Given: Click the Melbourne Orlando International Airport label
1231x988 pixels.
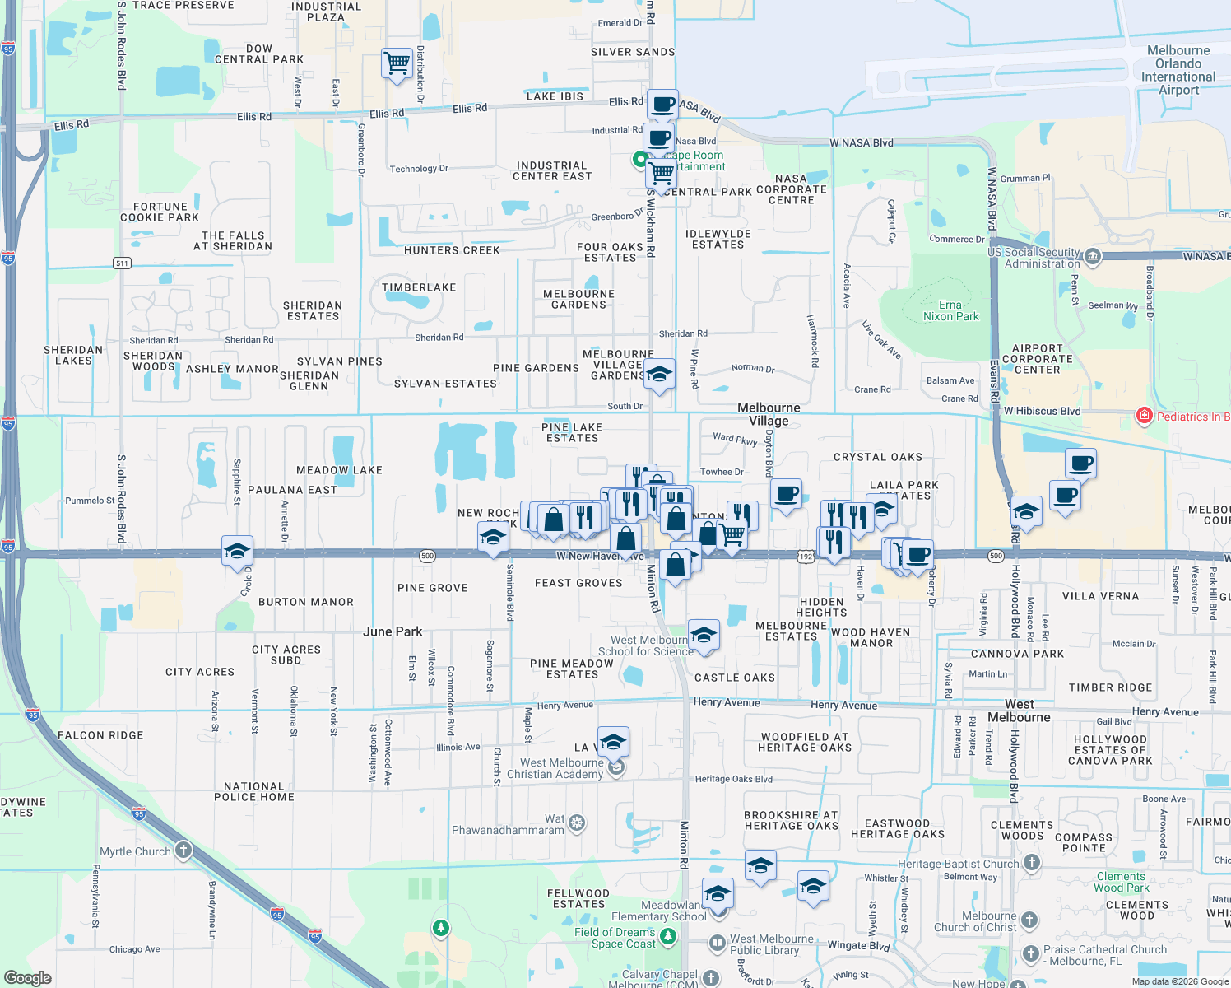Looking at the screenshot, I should (x=1178, y=70).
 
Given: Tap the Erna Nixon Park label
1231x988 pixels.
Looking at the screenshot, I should (x=950, y=310).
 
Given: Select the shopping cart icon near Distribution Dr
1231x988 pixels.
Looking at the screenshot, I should (x=397, y=63).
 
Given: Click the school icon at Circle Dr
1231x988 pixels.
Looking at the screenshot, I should (x=237, y=551).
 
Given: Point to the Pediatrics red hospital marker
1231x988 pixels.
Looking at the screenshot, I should (x=1144, y=416).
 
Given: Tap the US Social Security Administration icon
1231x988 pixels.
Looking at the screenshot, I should (x=1092, y=257).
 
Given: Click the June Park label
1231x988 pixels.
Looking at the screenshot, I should (x=393, y=631).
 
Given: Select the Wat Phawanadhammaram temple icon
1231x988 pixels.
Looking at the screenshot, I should (x=577, y=823).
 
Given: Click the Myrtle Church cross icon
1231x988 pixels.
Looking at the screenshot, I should (x=183, y=851).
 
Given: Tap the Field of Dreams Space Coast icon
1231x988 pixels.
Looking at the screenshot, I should (x=667, y=937).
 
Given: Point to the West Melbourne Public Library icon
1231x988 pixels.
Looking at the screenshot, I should (x=717, y=944).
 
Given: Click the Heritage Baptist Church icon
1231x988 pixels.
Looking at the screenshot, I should (x=1031, y=864).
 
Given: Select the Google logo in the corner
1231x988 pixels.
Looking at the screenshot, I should (x=27, y=977).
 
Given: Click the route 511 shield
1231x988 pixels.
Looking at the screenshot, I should (x=122, y=263).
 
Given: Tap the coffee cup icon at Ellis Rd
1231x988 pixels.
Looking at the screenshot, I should (x=662, y=105).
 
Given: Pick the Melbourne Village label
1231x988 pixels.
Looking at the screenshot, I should (x=769, y=414).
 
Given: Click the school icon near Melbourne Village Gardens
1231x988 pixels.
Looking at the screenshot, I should (x=659, y=374).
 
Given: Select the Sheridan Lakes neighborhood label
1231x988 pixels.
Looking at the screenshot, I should (x=73, y=356).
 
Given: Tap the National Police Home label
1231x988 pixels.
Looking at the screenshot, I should (x=253, y=791).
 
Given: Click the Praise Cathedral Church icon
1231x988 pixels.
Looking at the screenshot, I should (x=1030, y=953).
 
